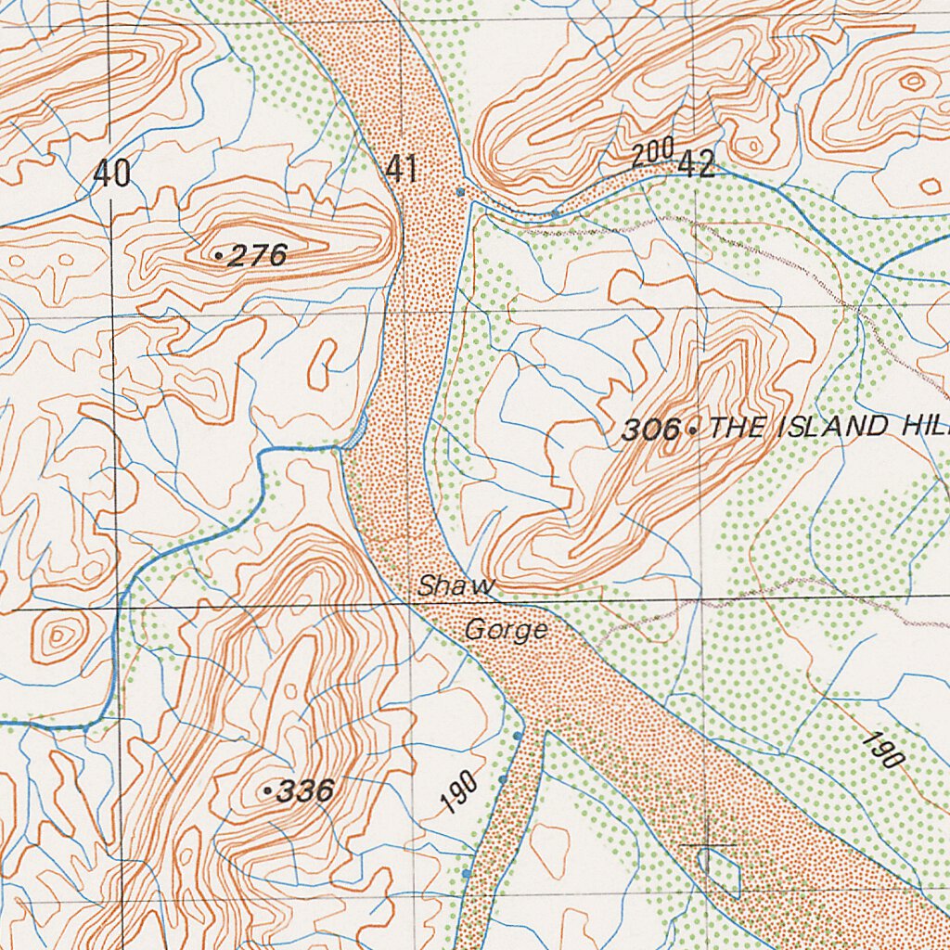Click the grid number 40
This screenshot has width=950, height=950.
[111, 173]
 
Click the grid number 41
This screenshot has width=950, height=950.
[401, 170]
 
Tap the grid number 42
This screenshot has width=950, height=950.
[696, 165]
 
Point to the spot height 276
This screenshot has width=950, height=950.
[256, 255]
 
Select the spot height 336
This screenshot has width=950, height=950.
[305, 791]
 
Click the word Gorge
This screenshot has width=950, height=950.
[506, 631]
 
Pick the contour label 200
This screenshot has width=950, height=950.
[651, 154]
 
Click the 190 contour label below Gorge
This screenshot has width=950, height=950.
[459, 792]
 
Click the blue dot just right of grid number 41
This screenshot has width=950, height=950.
[460, 192]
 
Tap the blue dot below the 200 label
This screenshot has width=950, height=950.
[555, 213]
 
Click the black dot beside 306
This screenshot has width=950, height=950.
[692, 429]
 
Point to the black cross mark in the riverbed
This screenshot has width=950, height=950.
[708, 845]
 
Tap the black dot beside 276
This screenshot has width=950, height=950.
[218, 254]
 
